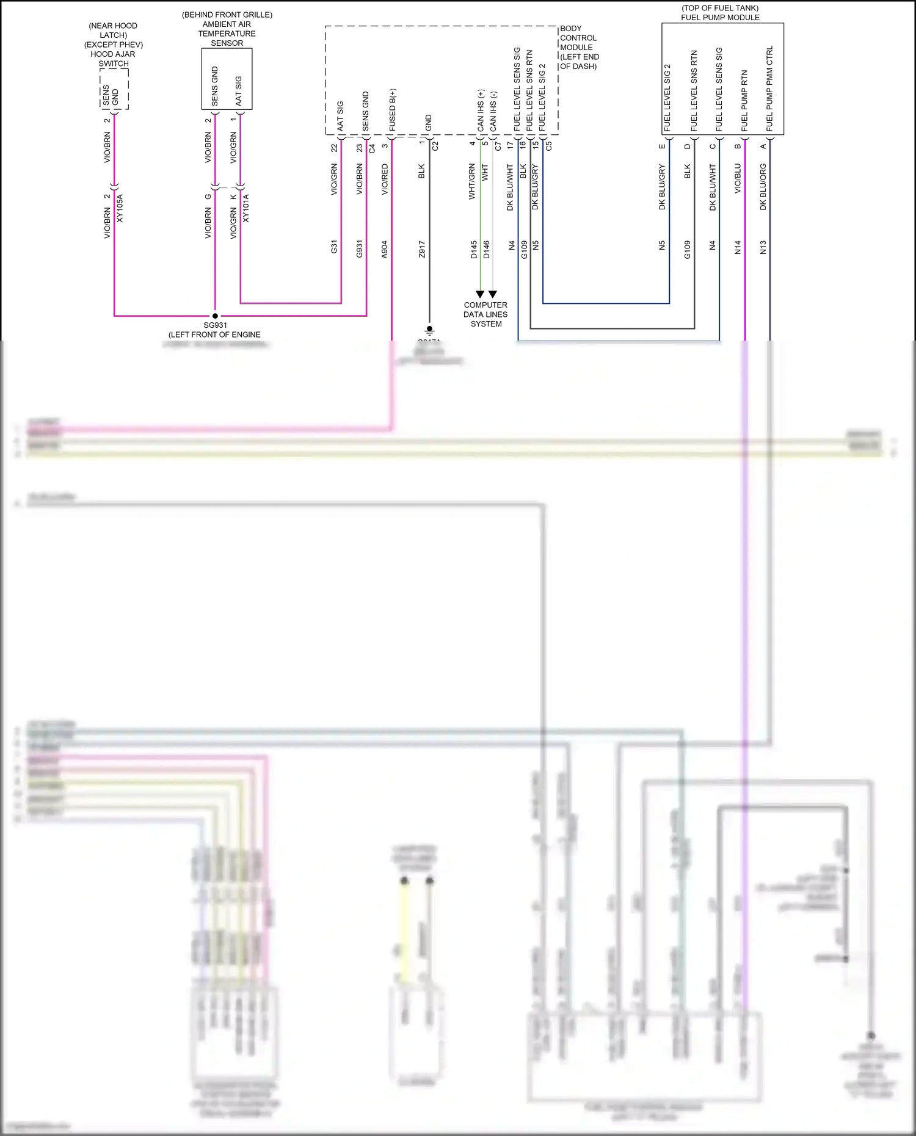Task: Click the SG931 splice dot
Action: pos(215,316)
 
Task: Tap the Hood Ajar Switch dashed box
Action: pos(114,89)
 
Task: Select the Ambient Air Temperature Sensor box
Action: pos(227,79)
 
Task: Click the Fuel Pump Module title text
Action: pos(720,13)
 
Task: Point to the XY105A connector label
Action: pos(120,208)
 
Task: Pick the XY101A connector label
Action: pos(246,208)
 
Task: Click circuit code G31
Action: pos(334,247)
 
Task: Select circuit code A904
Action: pos(385,249)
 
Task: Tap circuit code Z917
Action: pos(422,249)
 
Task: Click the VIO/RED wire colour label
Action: pos(385,179)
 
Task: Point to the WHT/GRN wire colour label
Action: pos(472,181)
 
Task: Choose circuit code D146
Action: pos(487,249)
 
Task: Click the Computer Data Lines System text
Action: pos(485,314)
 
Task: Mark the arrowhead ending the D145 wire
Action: pos(480,294)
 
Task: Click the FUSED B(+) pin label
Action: pos(393,110)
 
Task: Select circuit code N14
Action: pos(738,247)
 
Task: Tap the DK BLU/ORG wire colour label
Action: pos(763,187)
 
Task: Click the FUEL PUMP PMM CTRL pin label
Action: pos(769,89)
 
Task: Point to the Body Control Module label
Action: pos(579,47)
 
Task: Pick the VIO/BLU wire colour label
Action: pos(738,178)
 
